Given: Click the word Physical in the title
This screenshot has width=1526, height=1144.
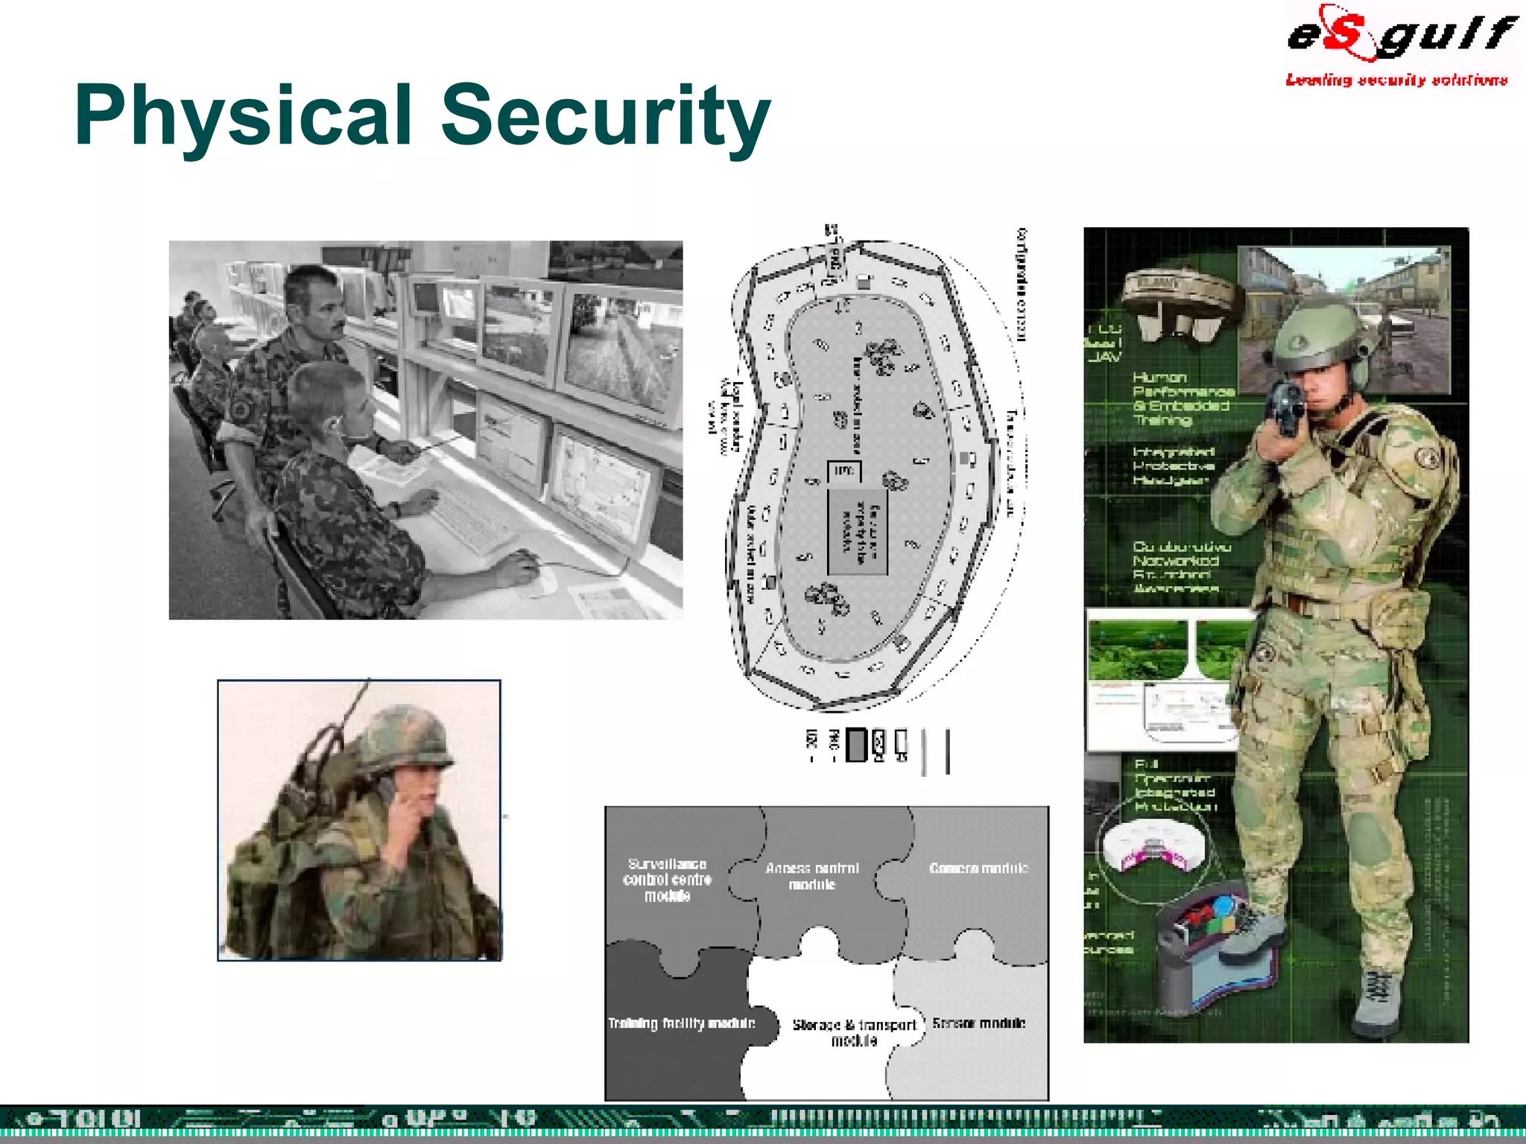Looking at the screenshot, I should [x=242, y=115].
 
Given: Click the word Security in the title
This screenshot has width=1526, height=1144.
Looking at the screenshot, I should [x=605, y=115].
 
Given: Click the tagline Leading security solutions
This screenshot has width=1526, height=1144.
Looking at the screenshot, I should [x=1396, y=80].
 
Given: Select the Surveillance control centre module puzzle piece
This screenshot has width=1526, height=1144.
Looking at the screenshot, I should [x=668, y=879].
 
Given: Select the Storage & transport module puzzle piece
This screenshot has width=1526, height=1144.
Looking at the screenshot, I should [x=853, y=1032].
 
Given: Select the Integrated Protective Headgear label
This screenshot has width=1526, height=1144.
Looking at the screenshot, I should [x=1174, y=465].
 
